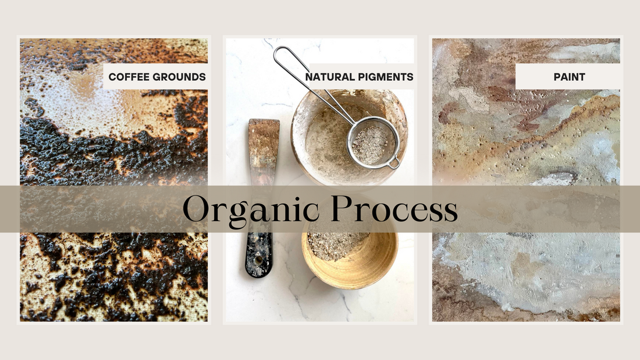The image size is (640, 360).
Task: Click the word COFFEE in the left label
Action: click(x=126, y=77)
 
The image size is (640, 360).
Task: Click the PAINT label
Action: click(x=568, y=77)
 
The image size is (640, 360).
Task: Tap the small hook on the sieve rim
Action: click(x=395, y=165)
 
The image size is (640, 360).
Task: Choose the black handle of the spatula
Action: click(x=259, y=253)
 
